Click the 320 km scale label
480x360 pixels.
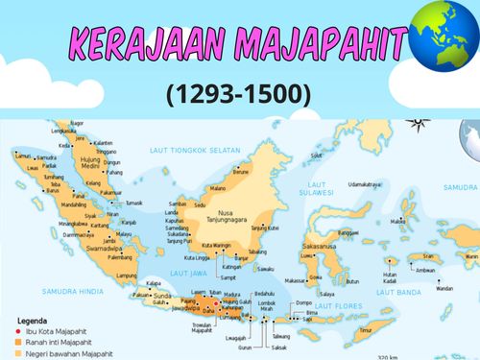click(389, 355)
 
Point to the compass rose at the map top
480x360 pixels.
click(419, 123)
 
